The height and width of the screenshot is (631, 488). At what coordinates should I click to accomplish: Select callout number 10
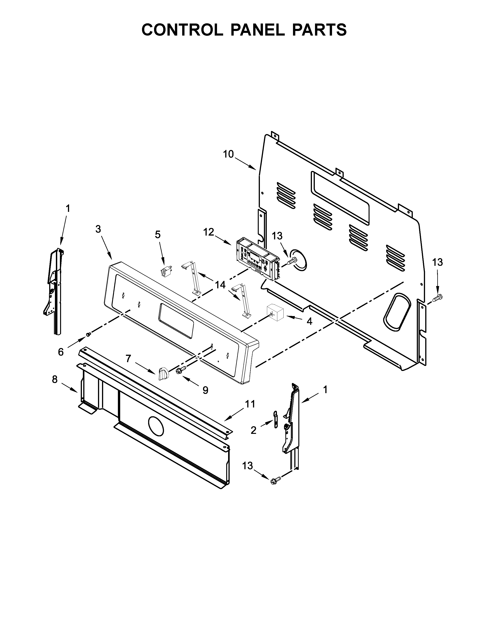(x=228, y=154)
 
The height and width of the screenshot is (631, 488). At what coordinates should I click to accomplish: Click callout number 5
(x=157, y=235)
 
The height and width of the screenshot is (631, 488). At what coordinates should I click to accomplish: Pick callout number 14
(x=220, y=285)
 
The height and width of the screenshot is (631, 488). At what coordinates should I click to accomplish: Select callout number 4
(x=309, y=321)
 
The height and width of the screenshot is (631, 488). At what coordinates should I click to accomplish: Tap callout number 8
(x=55, y=379)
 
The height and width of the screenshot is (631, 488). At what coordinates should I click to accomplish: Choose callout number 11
(x=250, y=404)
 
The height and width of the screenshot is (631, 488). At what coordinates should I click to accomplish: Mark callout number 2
(x=254, y=438)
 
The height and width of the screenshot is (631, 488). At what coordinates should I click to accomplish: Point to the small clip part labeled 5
(x=165, y=272)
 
